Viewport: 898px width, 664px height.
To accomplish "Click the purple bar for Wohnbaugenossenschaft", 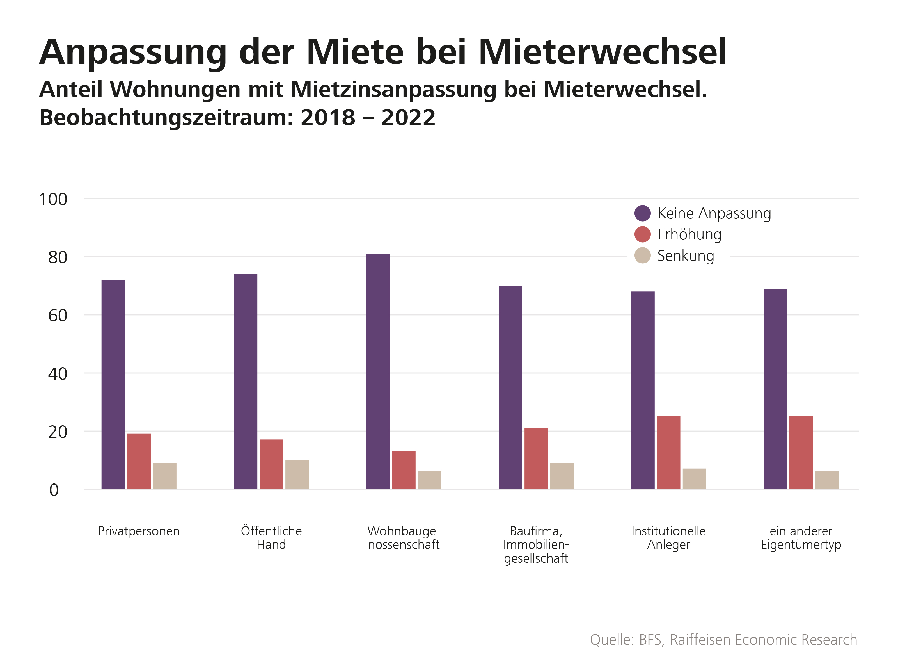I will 378,371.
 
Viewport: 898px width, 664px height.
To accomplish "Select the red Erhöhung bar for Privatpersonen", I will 139,461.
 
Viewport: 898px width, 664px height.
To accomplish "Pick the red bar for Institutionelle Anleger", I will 668,453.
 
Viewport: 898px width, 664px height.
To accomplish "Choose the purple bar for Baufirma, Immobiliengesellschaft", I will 510,387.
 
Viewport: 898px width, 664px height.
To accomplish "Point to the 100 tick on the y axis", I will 53,199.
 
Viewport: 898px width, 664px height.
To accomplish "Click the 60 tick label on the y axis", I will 58,316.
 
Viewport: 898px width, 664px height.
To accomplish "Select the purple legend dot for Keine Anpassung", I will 642,213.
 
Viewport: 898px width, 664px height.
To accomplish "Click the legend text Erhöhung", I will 689,234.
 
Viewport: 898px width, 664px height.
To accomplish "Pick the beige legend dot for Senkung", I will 642,255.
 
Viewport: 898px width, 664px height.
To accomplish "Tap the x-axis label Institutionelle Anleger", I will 668,538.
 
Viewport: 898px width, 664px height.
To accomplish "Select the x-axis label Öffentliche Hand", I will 271,538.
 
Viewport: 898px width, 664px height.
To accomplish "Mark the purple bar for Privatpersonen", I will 113,384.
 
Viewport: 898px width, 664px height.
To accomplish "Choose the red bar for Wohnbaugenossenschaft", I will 403,470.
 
